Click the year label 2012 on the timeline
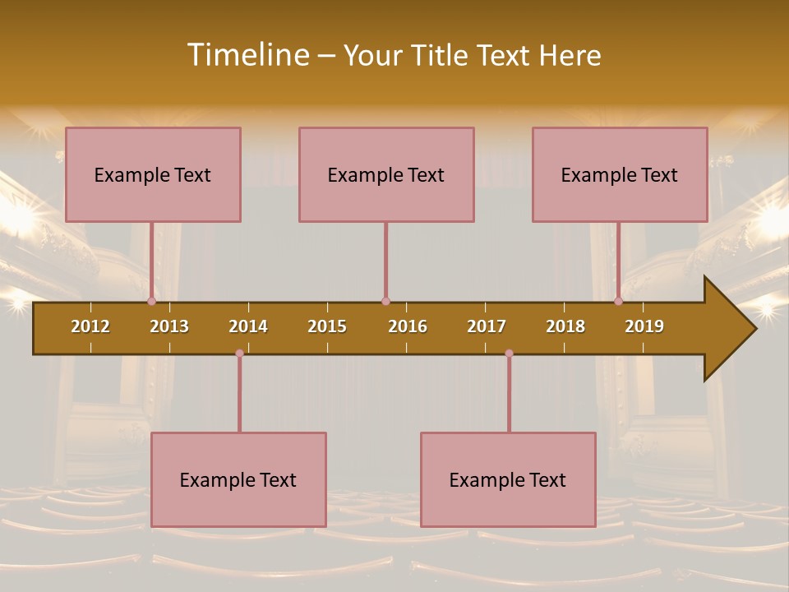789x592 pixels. coord(90,326)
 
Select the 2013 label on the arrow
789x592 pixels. coord(169,326)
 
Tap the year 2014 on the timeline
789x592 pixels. coord(248,326)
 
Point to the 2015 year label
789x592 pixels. coord(327,326)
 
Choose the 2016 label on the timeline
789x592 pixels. coord(408,326)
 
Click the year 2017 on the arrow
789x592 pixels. coord(487,326)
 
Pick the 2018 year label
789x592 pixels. coord(565,326)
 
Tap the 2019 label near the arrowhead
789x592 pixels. coord(644,326)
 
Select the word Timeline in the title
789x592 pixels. coord(247,55)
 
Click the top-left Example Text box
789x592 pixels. coord(153,174)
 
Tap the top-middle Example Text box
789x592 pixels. coord(386,174)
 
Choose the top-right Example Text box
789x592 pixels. coord(620,174)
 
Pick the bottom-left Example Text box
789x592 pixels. coord(238,479)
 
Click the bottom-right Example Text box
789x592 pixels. coord(508,479)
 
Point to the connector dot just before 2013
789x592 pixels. coord(151,301)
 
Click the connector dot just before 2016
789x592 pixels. coord(385,301)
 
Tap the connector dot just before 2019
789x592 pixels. coord(618,301)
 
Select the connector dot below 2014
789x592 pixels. coord(239,354)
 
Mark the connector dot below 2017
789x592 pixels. coord(509,354)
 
